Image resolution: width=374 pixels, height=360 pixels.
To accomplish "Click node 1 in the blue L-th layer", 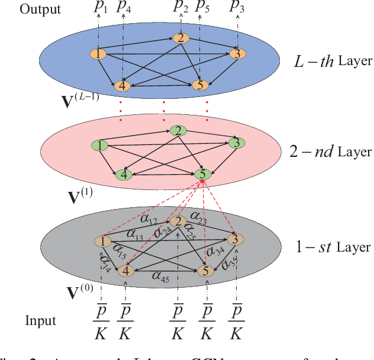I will pyautogui.click(x=97, y=54).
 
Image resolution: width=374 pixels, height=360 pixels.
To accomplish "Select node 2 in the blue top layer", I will pyautogui.click(x=179, y=38).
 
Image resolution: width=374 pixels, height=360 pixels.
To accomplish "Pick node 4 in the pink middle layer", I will pyautogui.click(x=123, y=174).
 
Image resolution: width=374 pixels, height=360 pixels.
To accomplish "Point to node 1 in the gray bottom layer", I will pyautogui.click(x=103, y=242).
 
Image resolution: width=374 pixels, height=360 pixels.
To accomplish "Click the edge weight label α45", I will pyautogui.click(x=161, y=275).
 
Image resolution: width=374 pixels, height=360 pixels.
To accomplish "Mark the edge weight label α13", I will pyautogui.click(x=136, y=236).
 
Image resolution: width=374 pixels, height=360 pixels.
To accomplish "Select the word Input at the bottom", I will pyautogui.click(x=41, y=321).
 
